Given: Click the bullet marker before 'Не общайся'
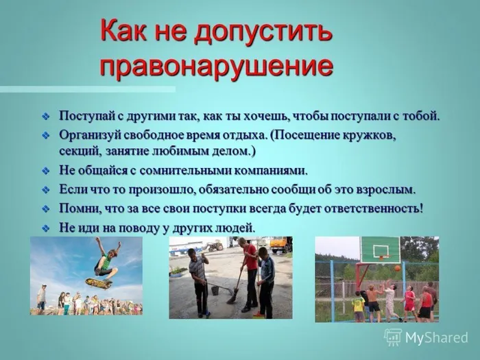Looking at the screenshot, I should pos(46,171).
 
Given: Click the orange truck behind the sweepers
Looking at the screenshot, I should pos(280,244).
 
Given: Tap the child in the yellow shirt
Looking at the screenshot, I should pos(358,304).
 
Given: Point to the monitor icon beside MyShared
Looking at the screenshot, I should pos(393,337).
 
